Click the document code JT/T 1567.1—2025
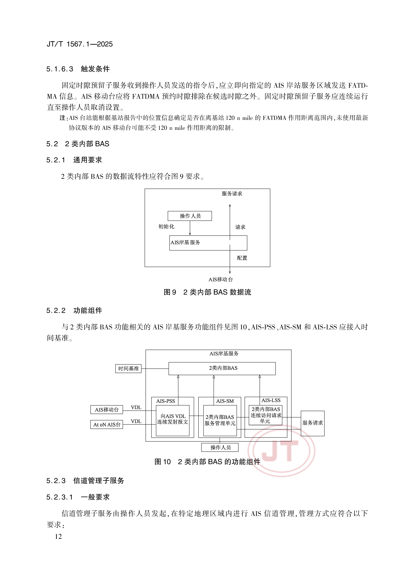[80, 44]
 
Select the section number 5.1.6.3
[60, 69]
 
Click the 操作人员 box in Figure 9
[190, 216]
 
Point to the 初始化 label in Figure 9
[166, 226]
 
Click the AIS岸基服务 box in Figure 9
[208, 243]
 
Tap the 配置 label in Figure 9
[242, 258]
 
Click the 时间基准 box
[128, 369]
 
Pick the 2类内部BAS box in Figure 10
[222, 368]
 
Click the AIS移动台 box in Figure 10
[107, 409]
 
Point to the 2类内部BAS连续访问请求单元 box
[266, 415]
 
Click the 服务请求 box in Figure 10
[312, 423]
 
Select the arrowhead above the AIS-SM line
[214, 377]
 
